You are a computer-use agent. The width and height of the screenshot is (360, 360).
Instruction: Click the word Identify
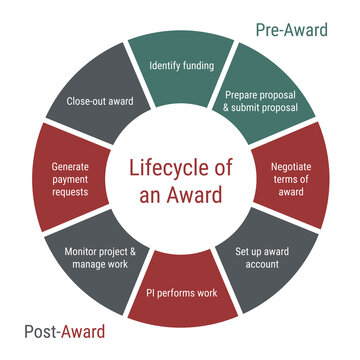pyautogui.click(x=161, y=66)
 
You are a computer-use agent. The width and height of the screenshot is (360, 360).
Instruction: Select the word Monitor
pyautogui.click(x=83, y=250)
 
